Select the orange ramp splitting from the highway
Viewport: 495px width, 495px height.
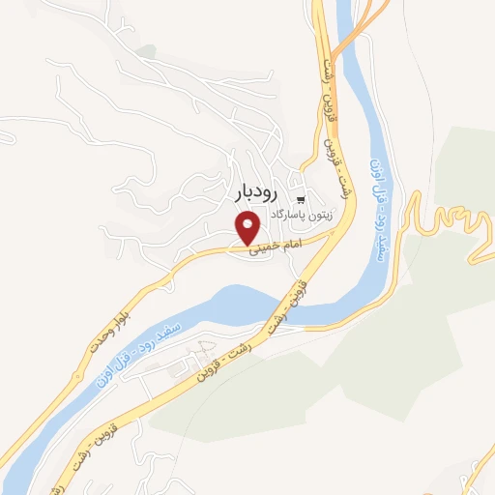click(x=353, y=39)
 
